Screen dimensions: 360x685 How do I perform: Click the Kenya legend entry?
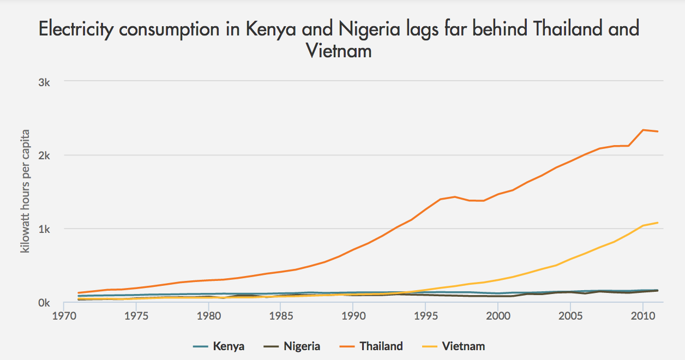(x=229, y=346)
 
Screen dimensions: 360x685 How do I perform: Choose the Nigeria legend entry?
(x=302, y=346)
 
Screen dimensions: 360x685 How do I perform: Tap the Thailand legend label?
(x=381, y=346)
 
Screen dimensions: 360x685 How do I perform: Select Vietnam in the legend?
(x=464, y=346)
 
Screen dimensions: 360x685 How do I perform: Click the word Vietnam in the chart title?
(x=339, y=51)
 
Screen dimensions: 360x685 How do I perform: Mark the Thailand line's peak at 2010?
(x=643, y=130)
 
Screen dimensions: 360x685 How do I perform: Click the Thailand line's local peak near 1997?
(x=454, y=196)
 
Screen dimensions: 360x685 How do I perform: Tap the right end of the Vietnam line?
(x=658, y=223)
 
